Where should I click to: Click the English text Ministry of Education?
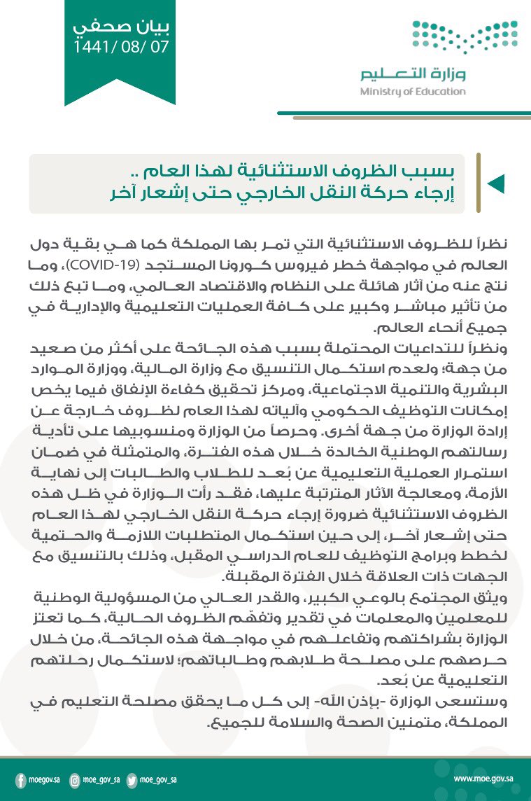(413, 92)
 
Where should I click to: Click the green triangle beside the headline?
(495, 183)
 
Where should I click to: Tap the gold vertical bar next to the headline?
(478, 183)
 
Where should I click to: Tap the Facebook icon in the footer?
(20, 779)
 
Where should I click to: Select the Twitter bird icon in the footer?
(131, 779)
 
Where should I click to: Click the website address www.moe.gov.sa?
(483, 779)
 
